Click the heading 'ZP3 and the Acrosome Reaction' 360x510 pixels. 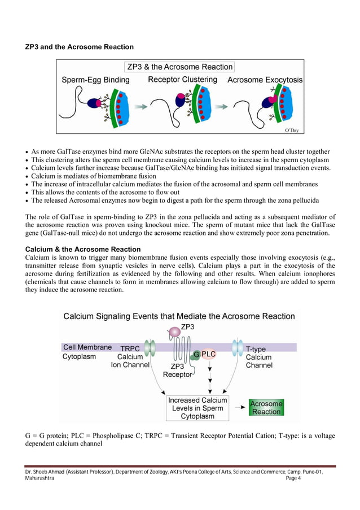point(80,46)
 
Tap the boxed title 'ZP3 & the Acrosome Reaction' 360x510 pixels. point(180,67)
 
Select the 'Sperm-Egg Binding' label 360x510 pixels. point(95,80)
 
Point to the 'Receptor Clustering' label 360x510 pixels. point(182,80)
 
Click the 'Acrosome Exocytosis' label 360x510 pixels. point(265,80)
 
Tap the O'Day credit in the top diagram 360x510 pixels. point(291,130)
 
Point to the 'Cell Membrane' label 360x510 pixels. point(87,347)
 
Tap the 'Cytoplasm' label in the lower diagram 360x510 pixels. point(79,357)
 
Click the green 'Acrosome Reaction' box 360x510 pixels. point(266,407)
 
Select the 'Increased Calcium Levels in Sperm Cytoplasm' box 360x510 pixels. point(197,408)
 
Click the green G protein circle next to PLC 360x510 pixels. point(196,354)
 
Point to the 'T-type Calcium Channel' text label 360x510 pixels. point(259,357)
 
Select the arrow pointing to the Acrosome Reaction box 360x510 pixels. point(239,407)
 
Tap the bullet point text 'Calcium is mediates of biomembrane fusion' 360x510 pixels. point(94,176)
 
